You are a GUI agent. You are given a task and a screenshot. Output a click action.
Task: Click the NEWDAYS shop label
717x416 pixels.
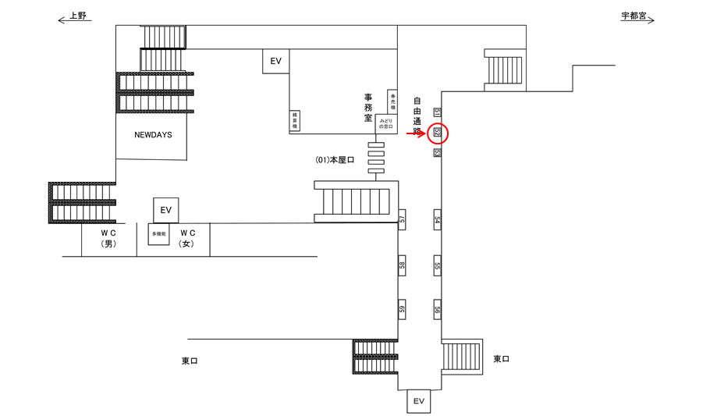point(153,135)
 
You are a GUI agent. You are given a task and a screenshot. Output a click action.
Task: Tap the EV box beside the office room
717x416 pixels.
point(275,61)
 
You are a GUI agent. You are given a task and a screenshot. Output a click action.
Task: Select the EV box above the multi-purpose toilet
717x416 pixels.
point(165,210)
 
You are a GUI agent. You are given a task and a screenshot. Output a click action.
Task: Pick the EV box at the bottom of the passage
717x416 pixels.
point(419,401)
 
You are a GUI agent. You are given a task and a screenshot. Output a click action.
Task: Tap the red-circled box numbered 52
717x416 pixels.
point(438,134)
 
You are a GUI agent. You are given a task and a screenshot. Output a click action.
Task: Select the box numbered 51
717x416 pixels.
point(438,112)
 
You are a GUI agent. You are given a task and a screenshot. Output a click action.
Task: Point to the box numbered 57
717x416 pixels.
point(403,221)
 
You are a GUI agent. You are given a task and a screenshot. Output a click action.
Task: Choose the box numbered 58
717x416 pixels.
point(403,265)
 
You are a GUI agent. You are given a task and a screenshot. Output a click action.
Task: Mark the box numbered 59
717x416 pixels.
point(403,310)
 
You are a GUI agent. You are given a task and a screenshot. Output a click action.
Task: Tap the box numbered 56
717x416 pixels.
point(438,310)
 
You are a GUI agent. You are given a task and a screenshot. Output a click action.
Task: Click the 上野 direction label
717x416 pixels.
point(76,16)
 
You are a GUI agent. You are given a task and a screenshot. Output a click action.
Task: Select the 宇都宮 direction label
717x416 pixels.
point(637,16)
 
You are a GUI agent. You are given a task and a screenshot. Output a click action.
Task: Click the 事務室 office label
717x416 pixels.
point(369,108)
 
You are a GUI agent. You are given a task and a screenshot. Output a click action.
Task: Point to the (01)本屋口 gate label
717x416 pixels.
point(335,160)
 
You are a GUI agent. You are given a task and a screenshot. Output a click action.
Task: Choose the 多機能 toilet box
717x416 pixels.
point(159,234)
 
